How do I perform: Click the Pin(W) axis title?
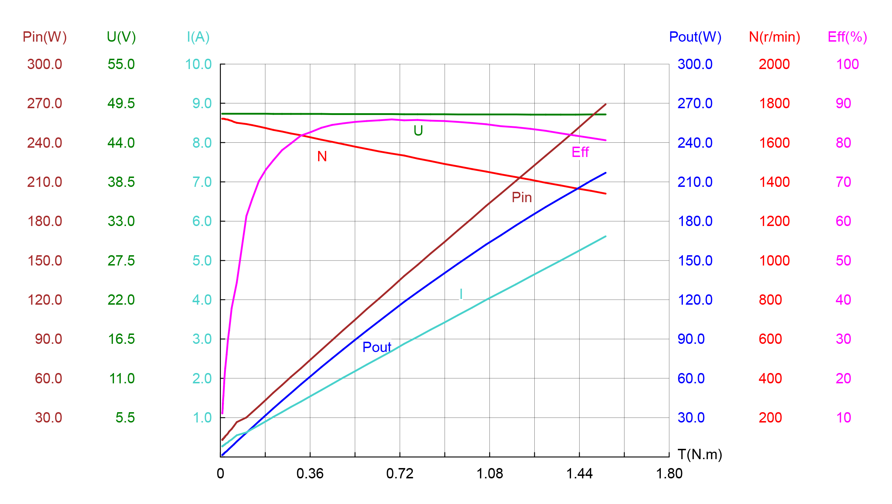pyautogui.click(x=45, y=37)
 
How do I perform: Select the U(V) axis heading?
pyautogui.click(x=121, y=37)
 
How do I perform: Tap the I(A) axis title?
pyautogui.click(x=198, y=37)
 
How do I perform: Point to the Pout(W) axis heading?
pyautogui.click(x=695, y=37)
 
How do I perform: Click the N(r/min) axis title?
pyautogui.click(x=774, y=37)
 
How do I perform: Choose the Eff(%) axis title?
pyautogui.click(x=847, y=37)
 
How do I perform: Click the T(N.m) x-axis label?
pyautogui.click(x=700, y=455)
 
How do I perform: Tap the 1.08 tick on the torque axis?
pyautogui.click(x=489, y=474)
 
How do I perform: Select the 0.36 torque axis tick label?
pyautogui.click(x=310, y=474)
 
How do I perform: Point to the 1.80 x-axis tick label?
pyautogui.click(x=669, y=474)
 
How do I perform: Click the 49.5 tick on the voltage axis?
pyautogui.click(x=121, y=104)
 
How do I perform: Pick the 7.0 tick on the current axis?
pyautogui.click(x=202, y=182)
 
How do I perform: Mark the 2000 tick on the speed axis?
pyautogui.click(x=774, y=64)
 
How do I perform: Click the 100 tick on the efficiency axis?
pyautogui.click(x=847, y=64)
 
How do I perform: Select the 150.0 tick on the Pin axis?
pyautogui.click(x=45, y=261)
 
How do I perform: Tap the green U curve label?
pyautogui.click(x=418, y=131)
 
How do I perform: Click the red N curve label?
pyautogui.click(x=322, y=157)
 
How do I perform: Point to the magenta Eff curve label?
pyautogui.click(x=580, y=152)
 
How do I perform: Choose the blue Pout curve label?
pyautogui.click(x=377, y=347)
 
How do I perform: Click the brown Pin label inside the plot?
pyautogui.click(x=522, y=198)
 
